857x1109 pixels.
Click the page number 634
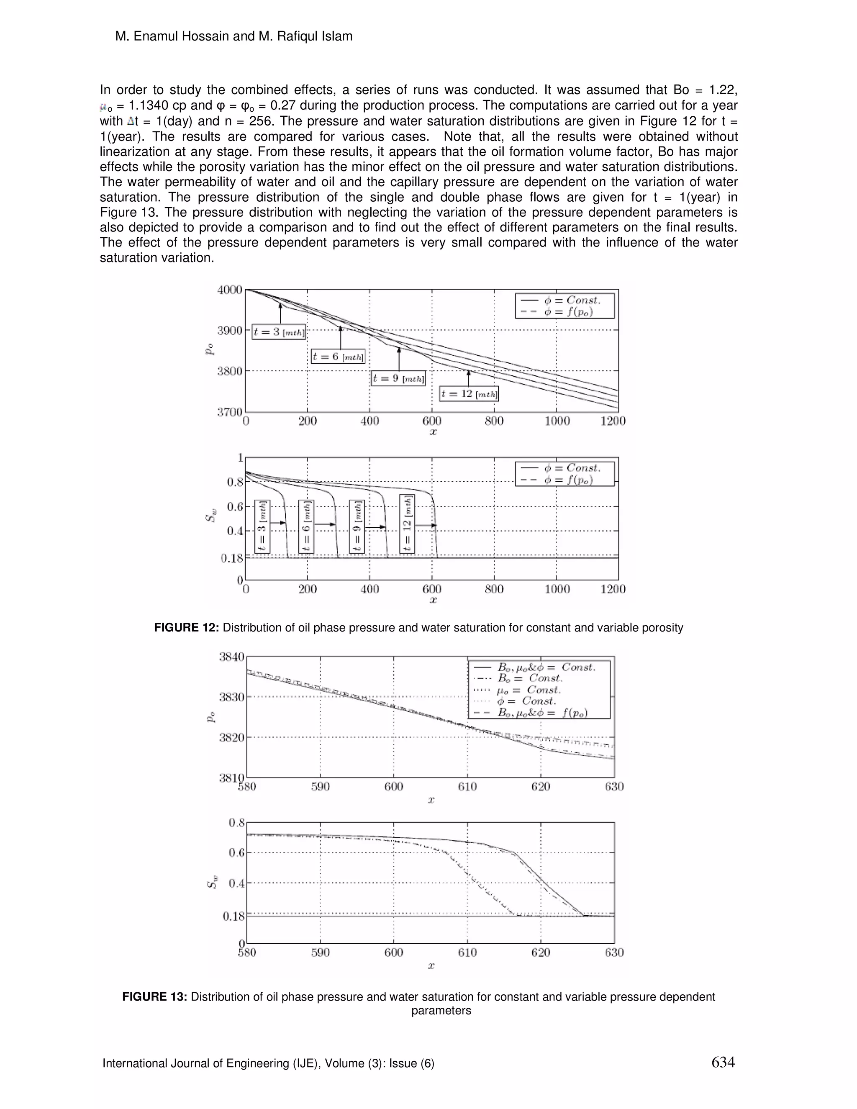[723, 1062]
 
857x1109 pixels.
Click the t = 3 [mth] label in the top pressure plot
[279, 333]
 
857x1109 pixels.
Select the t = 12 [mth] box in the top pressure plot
[469, 394]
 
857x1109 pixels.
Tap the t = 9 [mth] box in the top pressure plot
[398, 378]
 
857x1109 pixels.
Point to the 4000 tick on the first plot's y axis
[229, 290]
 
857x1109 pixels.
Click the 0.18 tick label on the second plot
[232, 559]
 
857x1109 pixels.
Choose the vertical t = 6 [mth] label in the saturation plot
[306, 526]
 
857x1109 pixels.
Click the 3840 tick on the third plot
[231, 657]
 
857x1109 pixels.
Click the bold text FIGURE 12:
[186, 628]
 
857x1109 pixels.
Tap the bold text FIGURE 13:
[155, 997]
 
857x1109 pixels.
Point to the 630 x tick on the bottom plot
[614, 952]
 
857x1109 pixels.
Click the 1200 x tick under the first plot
[613, 421]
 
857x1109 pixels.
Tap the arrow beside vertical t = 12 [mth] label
[426, 525]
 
